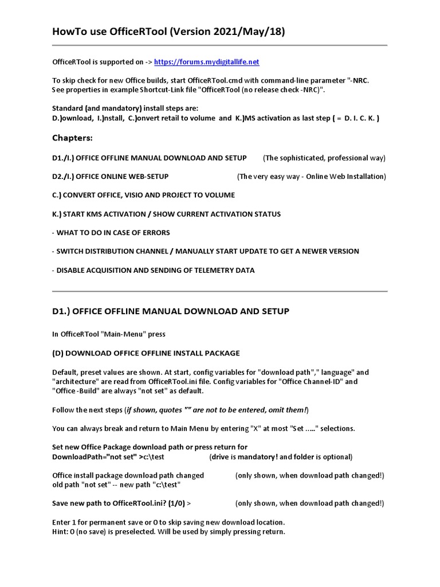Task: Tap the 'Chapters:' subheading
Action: (72, 138)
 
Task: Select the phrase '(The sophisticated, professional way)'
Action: (324, 158)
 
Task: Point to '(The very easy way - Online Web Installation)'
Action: (311, 177)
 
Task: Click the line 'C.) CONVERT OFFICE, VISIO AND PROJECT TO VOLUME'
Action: (143, 195)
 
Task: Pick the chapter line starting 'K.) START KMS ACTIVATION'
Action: (166, 214)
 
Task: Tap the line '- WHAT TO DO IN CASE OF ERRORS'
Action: (111, 233)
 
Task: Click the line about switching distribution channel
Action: (205, 251)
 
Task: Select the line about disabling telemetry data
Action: (153, 270)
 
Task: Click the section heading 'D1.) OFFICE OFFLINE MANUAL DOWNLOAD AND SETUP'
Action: (170, 311)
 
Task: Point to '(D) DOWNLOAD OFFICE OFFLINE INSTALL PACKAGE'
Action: (146, 353)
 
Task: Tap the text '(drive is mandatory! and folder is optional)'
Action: (281, 457)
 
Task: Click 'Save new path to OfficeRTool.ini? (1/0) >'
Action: (121, 503)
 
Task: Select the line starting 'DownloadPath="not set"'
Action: (112, 457)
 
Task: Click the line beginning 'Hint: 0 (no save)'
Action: (168, 531)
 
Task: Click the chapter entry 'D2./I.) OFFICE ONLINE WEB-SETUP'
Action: (110, 177)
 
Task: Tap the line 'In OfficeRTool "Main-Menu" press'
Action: (108, 334)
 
